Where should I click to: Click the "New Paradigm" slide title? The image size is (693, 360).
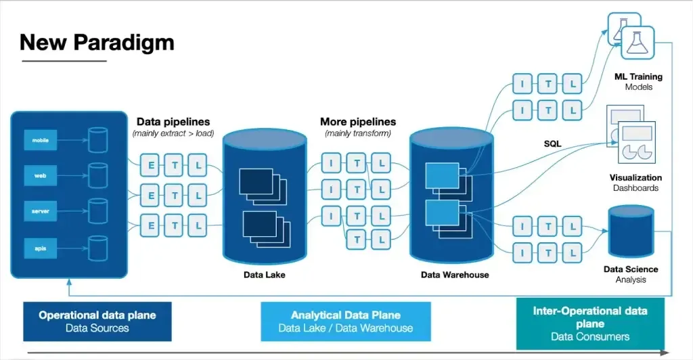tap(97, 42)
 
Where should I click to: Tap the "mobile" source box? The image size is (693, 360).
tap(40, 141)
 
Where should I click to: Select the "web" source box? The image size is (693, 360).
tap(40, 175)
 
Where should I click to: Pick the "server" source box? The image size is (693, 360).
tap(40, 211)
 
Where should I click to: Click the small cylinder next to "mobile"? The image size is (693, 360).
tap(98, 141)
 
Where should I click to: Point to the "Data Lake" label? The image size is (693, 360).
tap(264, 275)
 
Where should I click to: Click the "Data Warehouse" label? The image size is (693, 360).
tap(454, 275)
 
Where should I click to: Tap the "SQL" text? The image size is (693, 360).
tap(552, 144)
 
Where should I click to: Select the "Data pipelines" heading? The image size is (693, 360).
tap(173, 122)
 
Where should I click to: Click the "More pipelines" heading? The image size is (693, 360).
tap(358, 122)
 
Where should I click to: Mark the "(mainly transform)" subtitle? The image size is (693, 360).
tap(358, 133)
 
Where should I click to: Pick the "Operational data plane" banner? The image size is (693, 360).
tap(97, 321)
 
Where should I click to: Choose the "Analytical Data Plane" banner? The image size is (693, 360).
tap(346, 321)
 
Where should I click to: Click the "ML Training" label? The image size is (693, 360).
tap(638, 76)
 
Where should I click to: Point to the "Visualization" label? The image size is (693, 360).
tap(635, 177)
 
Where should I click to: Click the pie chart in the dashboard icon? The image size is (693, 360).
tap(639, 151)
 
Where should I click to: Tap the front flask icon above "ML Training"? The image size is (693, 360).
tap(638, 43)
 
